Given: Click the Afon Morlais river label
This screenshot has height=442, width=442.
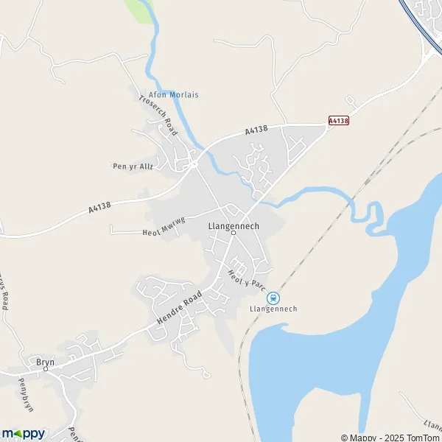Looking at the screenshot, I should [x=174, y=95].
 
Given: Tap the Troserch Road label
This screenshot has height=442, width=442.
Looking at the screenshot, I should [x=158, y=116].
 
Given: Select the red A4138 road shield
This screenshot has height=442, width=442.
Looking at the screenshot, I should [x=338, y=119].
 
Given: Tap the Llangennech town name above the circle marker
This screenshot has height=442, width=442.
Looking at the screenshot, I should [x=233, y=225].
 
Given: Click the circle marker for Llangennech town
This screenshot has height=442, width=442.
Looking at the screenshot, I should [x=233, y=234].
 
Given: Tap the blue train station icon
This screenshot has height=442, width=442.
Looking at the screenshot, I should [x=273, y=298].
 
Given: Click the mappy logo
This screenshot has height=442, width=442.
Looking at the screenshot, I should [x=24, y=433].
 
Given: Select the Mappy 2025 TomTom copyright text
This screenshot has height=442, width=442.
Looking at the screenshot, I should [x=390, y=438].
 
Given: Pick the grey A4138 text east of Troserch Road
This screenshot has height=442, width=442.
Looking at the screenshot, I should [x=256, y=131].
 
